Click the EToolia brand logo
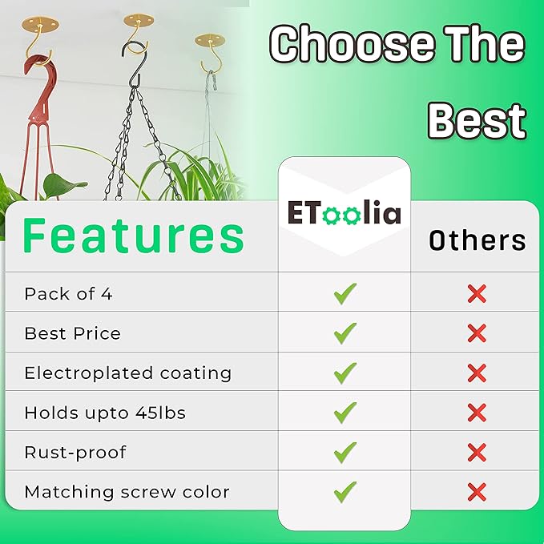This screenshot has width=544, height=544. tap(345, 212)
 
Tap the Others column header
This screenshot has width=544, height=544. tap(478, 240)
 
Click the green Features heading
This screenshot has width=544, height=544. tap(134, 236)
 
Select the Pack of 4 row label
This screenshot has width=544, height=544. tap(68, 294)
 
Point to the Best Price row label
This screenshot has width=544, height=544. tap(73, 333)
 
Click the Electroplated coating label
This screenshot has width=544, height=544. tap(127, 373)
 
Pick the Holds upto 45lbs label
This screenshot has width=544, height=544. tap(105, 413)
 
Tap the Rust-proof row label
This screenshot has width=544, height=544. tap(75, 453)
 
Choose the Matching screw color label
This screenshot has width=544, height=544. tap(127, 492)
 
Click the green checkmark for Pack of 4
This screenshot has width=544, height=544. tap(345, 294)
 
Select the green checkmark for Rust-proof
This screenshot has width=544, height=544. tap(345, 453)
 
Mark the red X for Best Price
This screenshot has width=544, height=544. tap(477, 333)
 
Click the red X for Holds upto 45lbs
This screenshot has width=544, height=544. tap(477, 413)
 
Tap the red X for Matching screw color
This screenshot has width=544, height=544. tap(477, 492)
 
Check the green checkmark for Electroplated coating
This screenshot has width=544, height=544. tap(345, 373)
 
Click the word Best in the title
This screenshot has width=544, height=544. tap(478, 122)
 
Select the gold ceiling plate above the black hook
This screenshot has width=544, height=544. tap(139, 20)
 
